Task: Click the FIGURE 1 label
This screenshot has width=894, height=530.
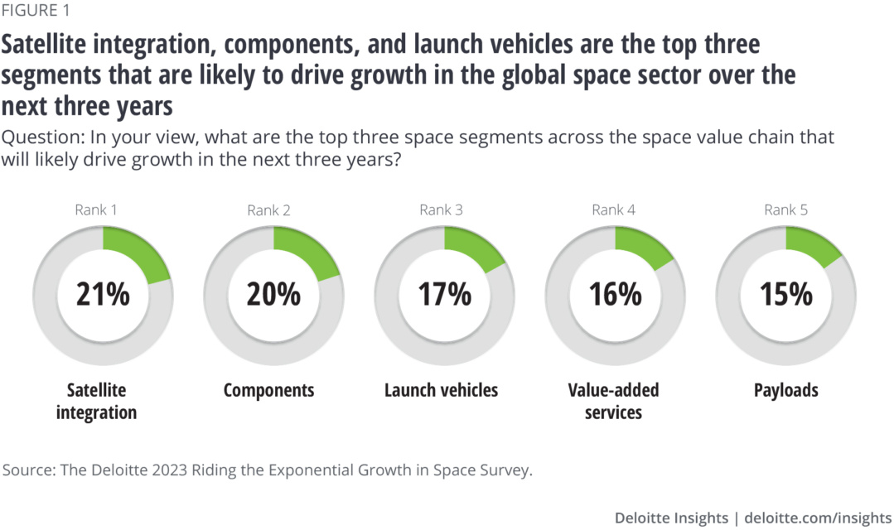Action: point(36,11)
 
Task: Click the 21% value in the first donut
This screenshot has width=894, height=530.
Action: point(103,294)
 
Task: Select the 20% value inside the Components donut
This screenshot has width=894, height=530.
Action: point(273,294)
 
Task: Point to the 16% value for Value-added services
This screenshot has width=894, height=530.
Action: point(615,294)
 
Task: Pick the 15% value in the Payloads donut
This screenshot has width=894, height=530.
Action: point(785,294)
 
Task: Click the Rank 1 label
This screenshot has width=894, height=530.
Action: point(96,210)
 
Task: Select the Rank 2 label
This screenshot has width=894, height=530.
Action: point(268,210)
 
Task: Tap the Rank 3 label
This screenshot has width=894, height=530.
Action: point(441,210)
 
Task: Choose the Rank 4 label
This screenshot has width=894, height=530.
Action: point(613,210)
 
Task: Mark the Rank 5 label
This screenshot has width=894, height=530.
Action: point(785,210)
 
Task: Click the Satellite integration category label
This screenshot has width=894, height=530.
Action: point(96,401)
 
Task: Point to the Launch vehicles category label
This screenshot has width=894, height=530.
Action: point(441,390)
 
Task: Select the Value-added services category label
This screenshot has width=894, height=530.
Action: point(613,401)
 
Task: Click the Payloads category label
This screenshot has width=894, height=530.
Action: point(785,390)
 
